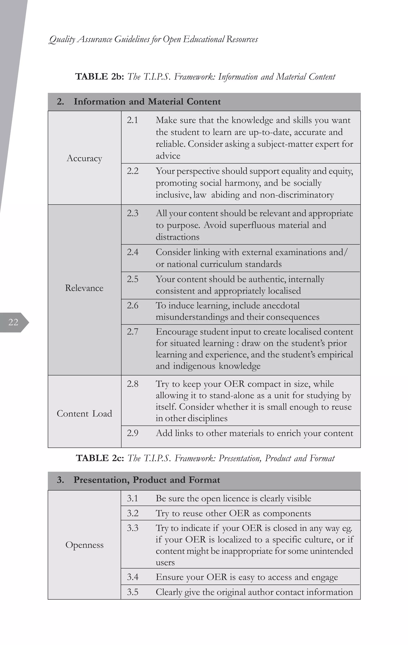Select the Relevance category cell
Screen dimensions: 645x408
click(x=84, y=288)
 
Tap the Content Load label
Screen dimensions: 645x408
click(x=84, y=414)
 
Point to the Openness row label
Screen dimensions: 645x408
click(x=84, y=545)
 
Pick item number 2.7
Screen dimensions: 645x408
click(x=133, y=332)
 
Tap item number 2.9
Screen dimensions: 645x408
click(x=133, y=433)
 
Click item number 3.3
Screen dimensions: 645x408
click(x=133, y=528)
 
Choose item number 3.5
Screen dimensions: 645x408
click(x=133, y=592)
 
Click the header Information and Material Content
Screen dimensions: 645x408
click(x=147, y=102)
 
